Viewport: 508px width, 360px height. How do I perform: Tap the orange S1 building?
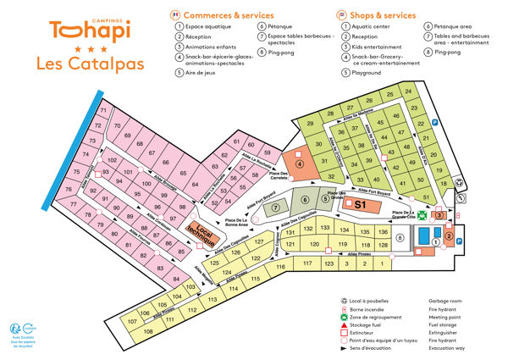pos(358,204)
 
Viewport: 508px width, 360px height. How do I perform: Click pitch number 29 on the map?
pos(311,125)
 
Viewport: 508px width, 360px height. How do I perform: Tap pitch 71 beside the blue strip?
pos(103,111)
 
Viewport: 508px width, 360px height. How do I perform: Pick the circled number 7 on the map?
pos(276,208)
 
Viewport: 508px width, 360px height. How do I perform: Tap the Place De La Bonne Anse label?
pos(236,223)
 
